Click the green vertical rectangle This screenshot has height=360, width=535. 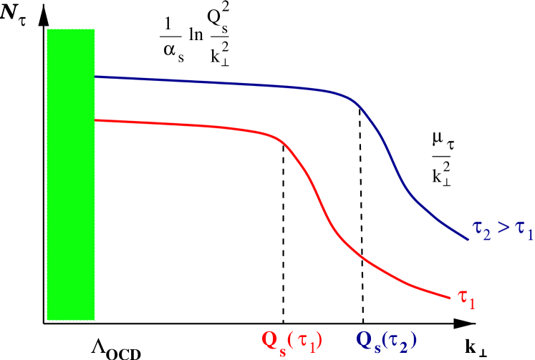pyautogui.click(x=70, y=175)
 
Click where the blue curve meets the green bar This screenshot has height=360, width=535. pyautogui.click(x=95, y=76)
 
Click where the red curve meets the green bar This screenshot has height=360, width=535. pyautogui.click(x=95, y=120)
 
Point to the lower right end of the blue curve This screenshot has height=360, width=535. pyautogui.click(x=468, y=238)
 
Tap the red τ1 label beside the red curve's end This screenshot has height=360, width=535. pyautogui.click(x=466, y=298)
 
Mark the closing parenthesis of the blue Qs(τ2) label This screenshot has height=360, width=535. pyautogui.click(x=414, y=341)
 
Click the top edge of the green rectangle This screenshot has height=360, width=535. pyautogui.click(x=70, y=29)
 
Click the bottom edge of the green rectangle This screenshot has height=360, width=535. pyautogui.click(x=70, y=320)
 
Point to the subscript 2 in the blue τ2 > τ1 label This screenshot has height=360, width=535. pyautogui.click(x=488, y=235)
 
